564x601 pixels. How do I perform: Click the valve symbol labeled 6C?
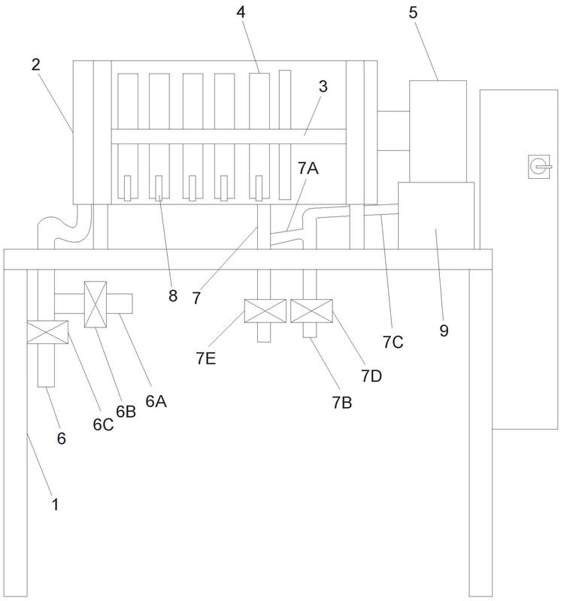(x=47, y=333)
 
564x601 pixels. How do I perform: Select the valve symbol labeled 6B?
(x=96, y=304)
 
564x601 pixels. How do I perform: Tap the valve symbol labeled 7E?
(x=265, y=311)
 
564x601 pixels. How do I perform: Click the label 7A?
(x=308, y=170)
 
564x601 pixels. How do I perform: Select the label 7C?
(x=393, y=342)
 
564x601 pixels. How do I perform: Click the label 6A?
(x=156, y=401)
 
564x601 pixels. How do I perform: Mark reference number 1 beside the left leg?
(x=55, y=504)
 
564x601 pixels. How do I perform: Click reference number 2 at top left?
(x=36, y=63)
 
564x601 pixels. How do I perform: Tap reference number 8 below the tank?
(x=173, y=295)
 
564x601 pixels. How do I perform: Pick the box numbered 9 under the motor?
(x=436, y=218)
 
